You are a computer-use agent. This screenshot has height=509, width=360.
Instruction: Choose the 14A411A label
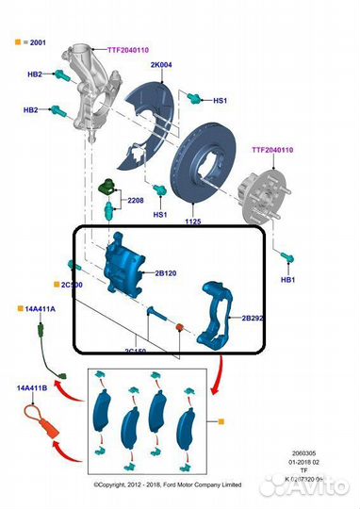click(x=35, y=308)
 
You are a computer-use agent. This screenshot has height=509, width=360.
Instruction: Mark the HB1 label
click(x=287, y=281)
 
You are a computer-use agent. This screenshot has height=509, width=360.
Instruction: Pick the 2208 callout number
click(x=136, y=200)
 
